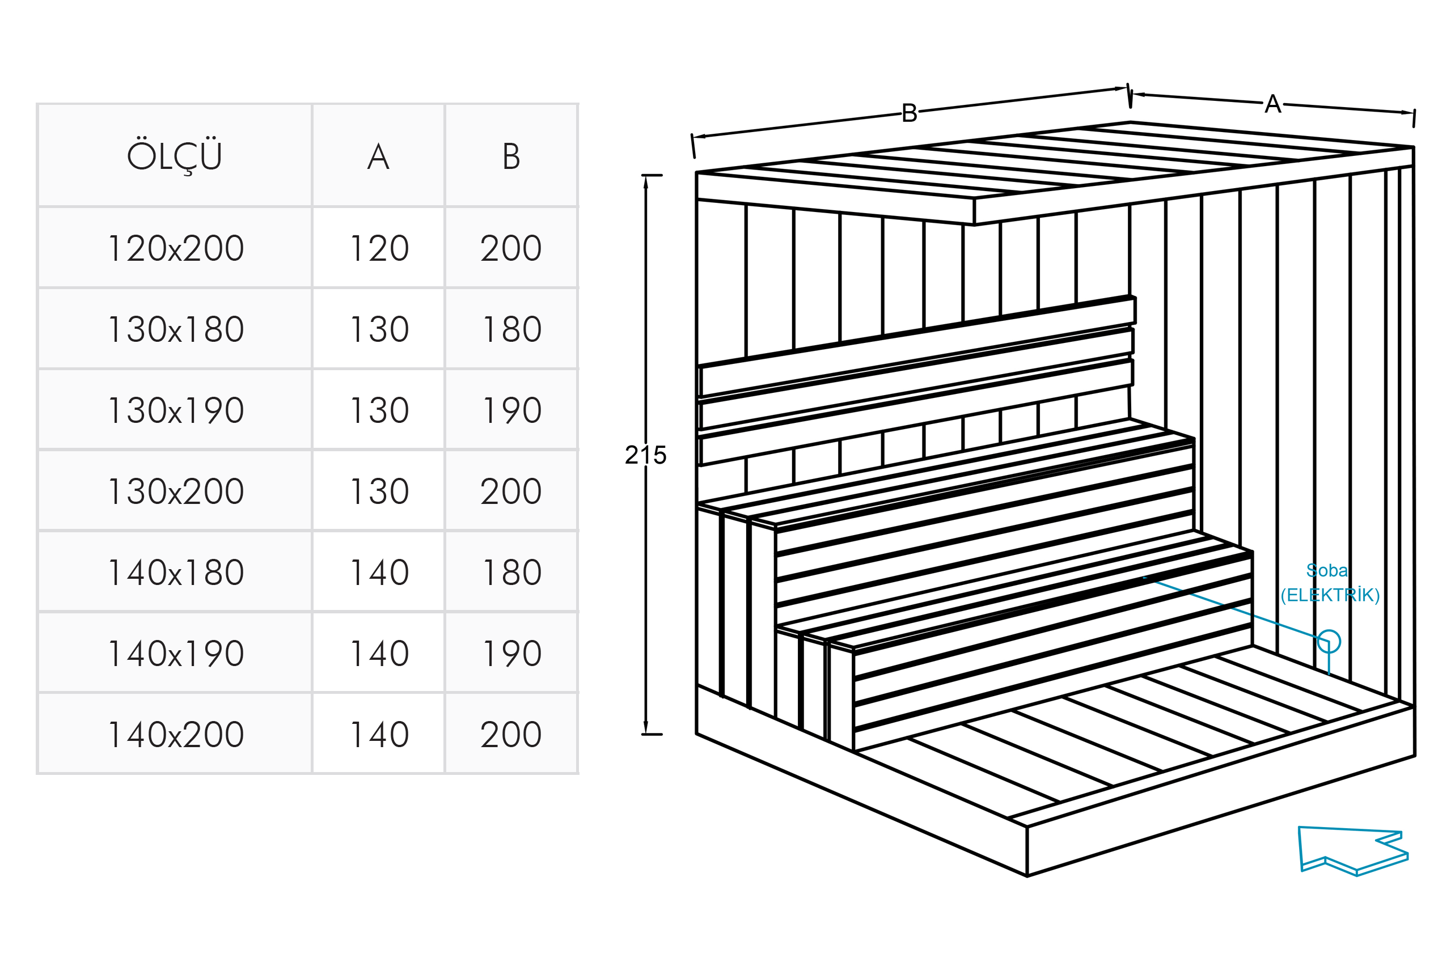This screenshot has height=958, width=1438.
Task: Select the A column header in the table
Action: pos(378,156)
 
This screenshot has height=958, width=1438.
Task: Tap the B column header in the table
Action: pos(511,156)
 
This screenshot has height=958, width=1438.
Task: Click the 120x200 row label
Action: pos(175,248)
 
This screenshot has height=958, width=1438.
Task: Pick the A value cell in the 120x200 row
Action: pos(379,248)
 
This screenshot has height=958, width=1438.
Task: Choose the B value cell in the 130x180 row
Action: pos(511,329)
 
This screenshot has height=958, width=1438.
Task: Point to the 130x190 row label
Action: pos(175,410)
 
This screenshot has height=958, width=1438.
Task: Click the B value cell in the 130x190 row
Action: pos(511,410)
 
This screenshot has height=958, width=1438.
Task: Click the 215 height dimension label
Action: pos(645,455)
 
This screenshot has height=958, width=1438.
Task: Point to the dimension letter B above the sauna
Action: pos(910,113)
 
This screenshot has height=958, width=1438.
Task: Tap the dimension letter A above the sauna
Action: pos(1272,104)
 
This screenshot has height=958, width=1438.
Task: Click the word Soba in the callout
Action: pos(1327,570)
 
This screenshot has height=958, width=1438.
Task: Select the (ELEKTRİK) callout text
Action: pos(1330,595)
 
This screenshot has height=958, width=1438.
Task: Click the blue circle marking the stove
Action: pos(1329,642)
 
